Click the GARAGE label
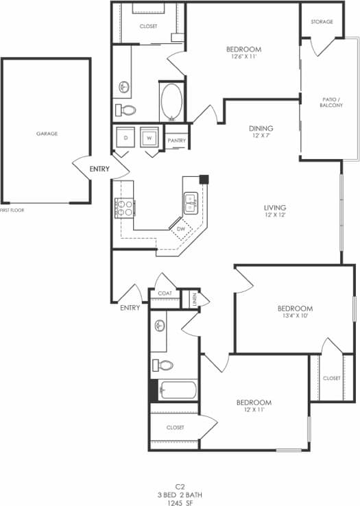(47, 134)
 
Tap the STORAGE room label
(322, 22)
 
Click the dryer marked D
(125, 138)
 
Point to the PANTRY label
(177, 140)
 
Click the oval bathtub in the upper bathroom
(171, 102)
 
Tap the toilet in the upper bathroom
(126, 110)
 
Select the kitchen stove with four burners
(123, 207)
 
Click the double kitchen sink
(191, 202)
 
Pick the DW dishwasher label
(180, 229)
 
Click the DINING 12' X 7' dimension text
(261, 136)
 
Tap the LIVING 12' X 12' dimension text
(274, 216)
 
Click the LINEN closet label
(195, 300)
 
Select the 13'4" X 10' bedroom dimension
(295, 317)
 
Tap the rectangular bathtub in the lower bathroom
(178, 390)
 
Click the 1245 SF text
(180, 502)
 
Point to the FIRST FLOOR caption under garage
(12, 210)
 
